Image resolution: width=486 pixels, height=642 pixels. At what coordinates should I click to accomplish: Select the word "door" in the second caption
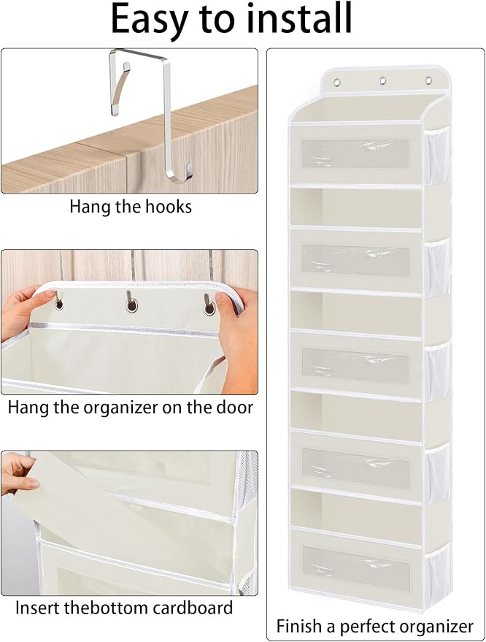[x=234, y=408]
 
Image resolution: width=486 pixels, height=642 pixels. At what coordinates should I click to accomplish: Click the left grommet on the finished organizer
[x=337, y=83]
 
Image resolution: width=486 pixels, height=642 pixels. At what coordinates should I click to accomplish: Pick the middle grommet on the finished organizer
[x=383, y=80]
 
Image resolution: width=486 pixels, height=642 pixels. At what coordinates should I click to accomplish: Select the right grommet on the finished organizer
[x=429, y=80]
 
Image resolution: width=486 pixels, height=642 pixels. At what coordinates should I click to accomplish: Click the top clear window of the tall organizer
[x=355, y=154]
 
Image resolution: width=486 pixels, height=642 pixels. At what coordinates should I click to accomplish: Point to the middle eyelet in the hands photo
[x=132, y=305]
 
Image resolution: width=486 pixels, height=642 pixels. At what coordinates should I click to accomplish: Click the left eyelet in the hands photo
[x=59, y=305]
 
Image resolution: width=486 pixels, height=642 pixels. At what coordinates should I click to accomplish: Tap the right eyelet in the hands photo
[x=210, y=308]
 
